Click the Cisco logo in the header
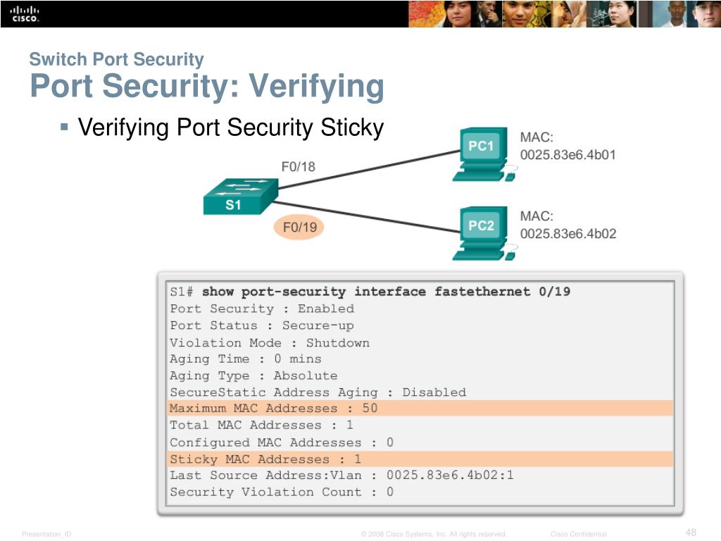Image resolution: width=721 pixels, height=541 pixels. tap(25, 14)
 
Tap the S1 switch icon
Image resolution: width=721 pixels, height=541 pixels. tap(241, 197)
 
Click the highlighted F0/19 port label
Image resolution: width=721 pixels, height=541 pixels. tap(299, 228)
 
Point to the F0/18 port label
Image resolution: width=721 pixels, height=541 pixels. tap(299, 166)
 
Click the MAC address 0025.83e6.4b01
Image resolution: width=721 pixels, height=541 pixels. tap(568, 154)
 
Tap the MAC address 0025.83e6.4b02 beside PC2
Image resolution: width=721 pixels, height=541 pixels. tap(568, 234)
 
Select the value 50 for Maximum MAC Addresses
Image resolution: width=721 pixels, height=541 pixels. tap(370, 408)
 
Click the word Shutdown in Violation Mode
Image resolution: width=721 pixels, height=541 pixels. tap(338, 343)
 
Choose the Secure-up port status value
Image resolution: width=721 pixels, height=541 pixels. tap(318, 325)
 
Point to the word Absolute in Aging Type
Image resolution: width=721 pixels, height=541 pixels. tap(306, 375)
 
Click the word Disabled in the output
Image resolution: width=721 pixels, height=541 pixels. tap(434, 392)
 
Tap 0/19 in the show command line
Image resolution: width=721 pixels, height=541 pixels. tap(555, 292)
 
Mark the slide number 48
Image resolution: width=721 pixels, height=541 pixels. tap(691, 533)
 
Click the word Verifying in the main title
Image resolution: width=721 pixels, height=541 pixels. tap(316, 87)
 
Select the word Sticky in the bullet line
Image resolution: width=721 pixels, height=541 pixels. tap(352, 128)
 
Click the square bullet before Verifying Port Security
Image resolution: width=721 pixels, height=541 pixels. tap(64, 127)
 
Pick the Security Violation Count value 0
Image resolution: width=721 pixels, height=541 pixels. tap(390, 492)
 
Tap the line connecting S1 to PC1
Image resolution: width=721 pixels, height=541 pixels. tap(370, 169)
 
